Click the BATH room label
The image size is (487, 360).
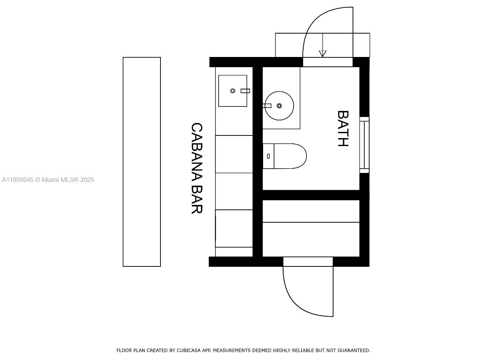coord(343,128)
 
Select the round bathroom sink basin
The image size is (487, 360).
coord(279,106)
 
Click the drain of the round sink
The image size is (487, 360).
coord(279,106)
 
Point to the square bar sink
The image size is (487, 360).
coord(233,91)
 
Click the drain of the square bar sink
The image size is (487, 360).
coord(233,91)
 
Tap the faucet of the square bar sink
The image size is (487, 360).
coord(245,91)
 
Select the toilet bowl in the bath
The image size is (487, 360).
coord(290,156)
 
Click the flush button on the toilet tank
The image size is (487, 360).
coord(268,156)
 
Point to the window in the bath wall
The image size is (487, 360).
coord(364,145)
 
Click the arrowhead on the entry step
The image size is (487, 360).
coord(322,54)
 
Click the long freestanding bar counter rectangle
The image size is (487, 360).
coord(142,162)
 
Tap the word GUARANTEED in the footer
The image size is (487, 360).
coord(354,350)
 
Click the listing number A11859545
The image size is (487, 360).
coord(18,180)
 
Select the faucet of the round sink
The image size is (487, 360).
coord(267,106)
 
